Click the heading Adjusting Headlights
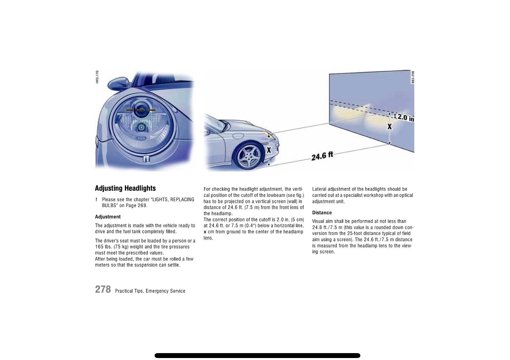coord(125,188)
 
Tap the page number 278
coord(103,289)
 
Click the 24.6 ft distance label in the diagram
coord(322,156)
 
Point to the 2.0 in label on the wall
coord(406,118)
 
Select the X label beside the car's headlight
coord(269,150)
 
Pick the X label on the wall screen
coord(390,126)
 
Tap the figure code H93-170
coord(97,77)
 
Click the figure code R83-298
coord(413,77)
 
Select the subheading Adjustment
coord(108,217)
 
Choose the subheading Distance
coord(322,213)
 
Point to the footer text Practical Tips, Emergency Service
coord(150,291)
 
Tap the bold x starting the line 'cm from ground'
coord(205,232)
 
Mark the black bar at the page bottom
coord(257,355)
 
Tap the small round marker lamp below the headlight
coord(146,159)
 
